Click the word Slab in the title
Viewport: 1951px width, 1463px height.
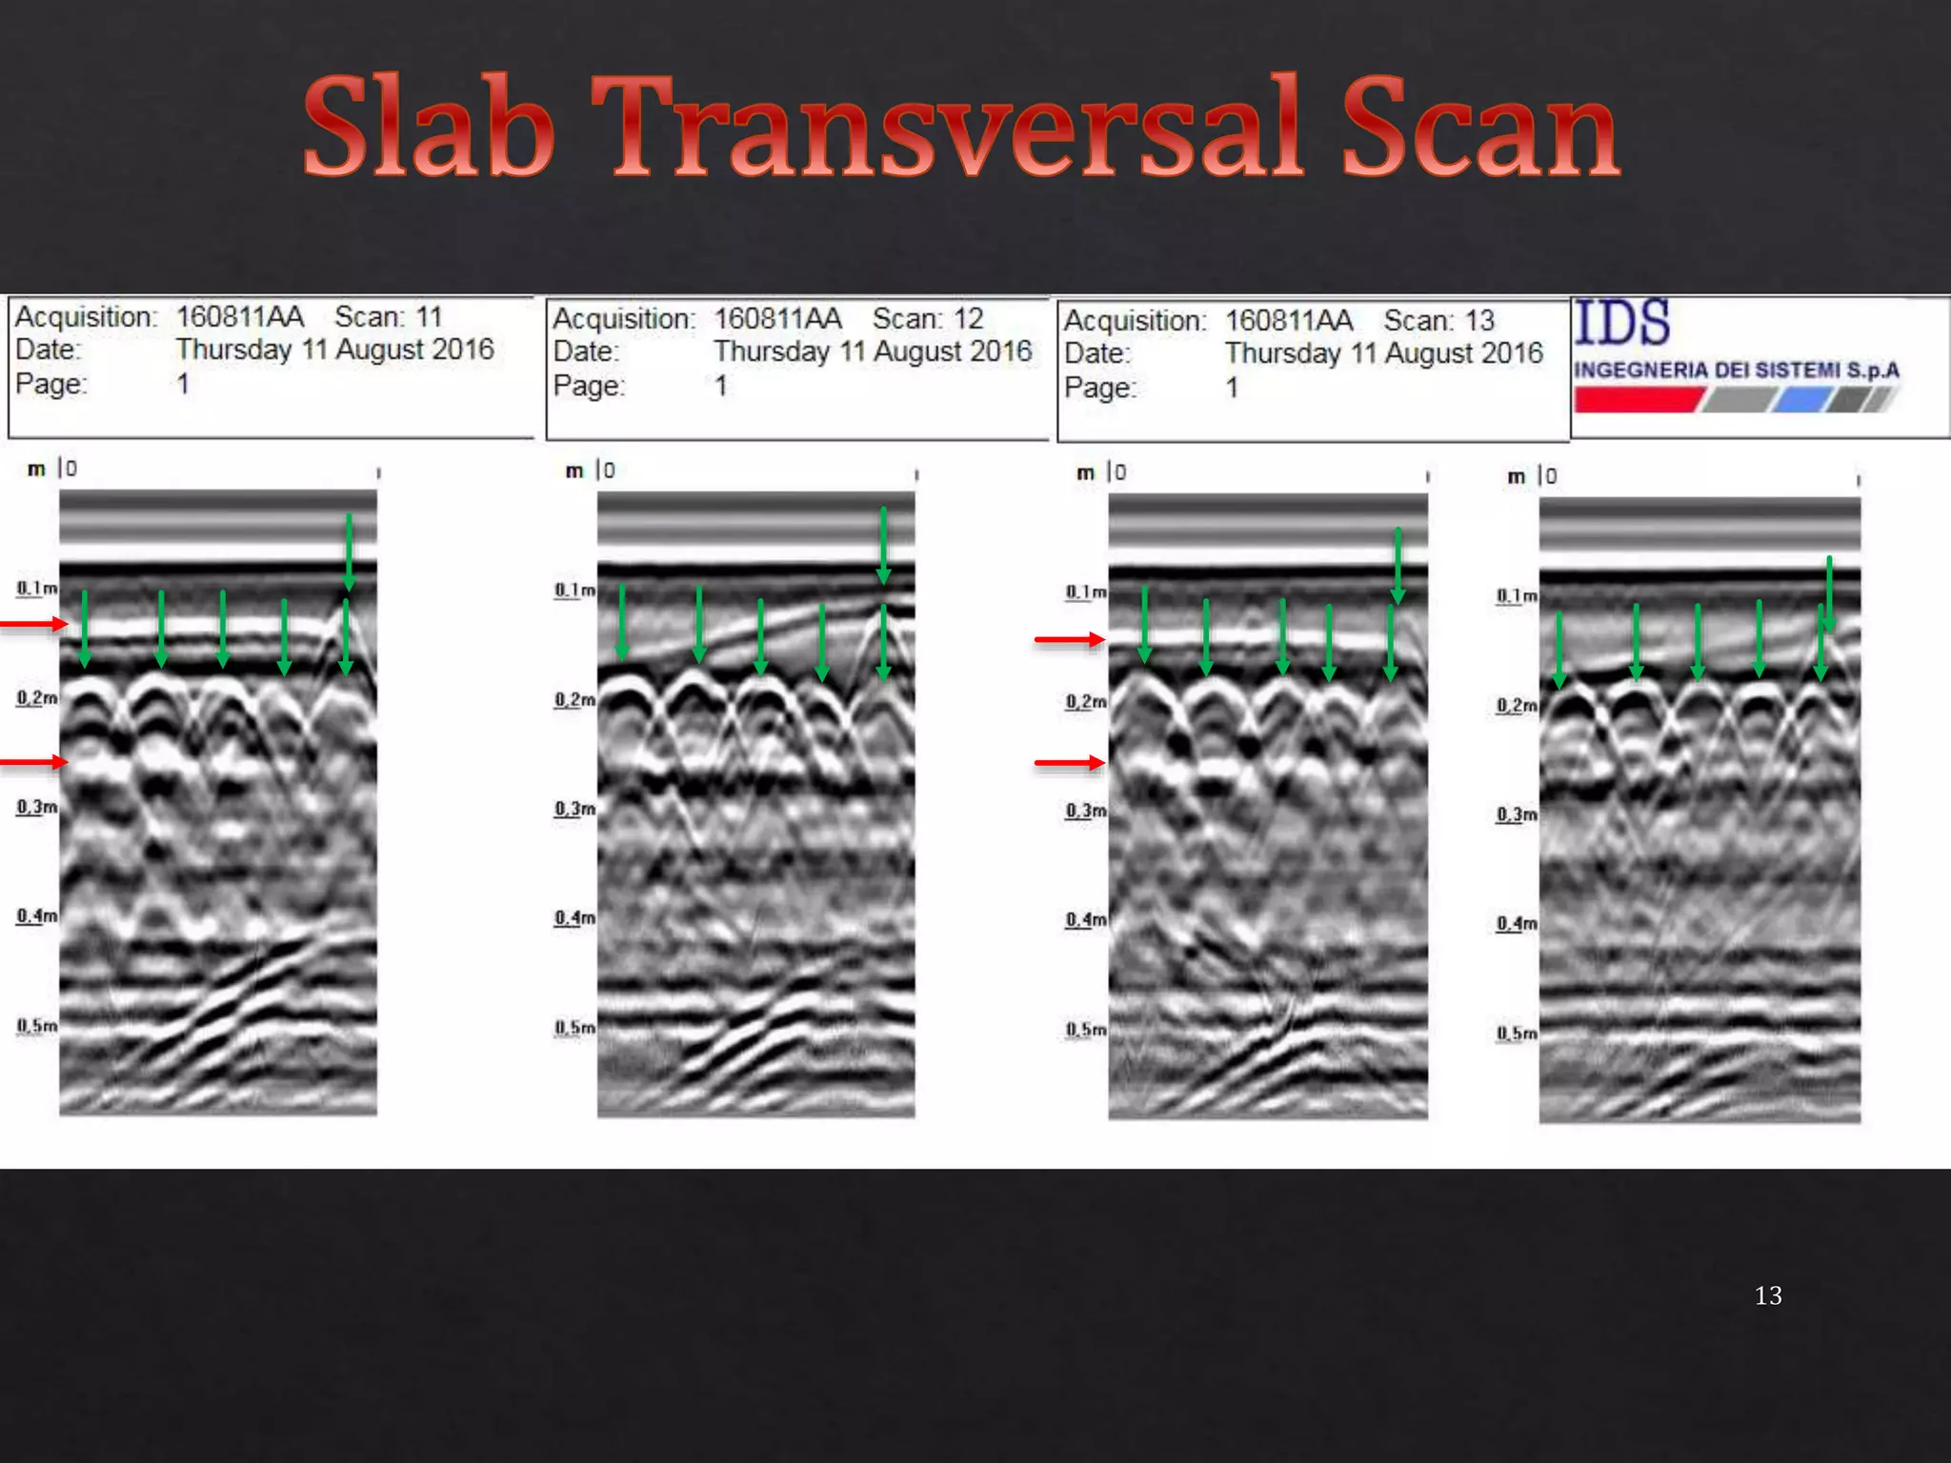coord(429,129)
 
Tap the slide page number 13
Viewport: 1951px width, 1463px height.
coord(1767,1295)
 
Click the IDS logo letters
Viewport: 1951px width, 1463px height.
coord(1621,323)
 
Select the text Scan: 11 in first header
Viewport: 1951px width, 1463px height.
coord(389,316)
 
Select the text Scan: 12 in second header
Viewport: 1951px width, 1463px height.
coord(927,318)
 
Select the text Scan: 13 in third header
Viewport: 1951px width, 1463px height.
coord(1438,321)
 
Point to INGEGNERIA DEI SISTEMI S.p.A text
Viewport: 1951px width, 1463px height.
coord(1736,370)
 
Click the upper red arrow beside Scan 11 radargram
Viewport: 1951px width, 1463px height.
coord(34,624)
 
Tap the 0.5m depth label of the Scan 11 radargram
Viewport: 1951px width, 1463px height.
coord(36,1026)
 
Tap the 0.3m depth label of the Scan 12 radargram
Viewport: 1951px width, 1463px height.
coord(574,809)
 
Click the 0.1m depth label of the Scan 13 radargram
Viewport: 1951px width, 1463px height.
coord(1085,592)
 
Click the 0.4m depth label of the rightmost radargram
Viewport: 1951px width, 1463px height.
coord(1516,923)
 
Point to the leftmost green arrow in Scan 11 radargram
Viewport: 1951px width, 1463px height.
coord(85,629)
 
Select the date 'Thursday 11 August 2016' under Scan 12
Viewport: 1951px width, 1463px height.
coord(872,351)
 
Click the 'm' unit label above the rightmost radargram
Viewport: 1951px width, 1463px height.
coord(1516,476)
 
